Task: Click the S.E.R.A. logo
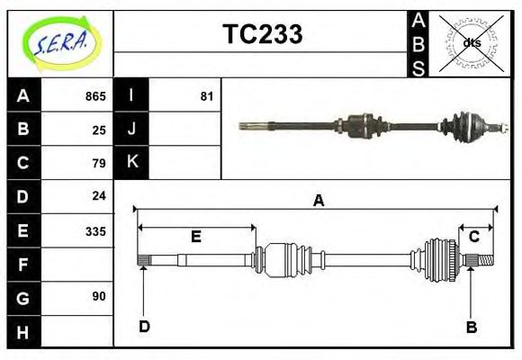(x=58, y=42)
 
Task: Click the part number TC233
(x=262, y=34)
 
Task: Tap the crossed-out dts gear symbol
(x=471, y=42)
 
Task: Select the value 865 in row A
(x=95, y=96)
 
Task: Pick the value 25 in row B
(x=99, y=130)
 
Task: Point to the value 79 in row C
(x=99, y=163)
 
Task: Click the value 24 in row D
(x=99, y=195)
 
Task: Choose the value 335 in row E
(x=95, y=230)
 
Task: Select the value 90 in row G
(x=99, y=296)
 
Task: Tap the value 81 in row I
(x=206, y=96)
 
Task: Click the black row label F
(x=23, y=264)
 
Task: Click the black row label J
(x=132, y=130)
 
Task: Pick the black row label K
(x=132, y=163)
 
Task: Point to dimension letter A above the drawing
(x=318, y=201)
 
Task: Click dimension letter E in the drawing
(x=195, y=237)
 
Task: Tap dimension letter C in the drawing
(x=473, y=237)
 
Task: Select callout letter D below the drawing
(x=144, y=327)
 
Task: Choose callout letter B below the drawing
(x=471, y=327)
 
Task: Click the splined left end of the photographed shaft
(x=251, y=125)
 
